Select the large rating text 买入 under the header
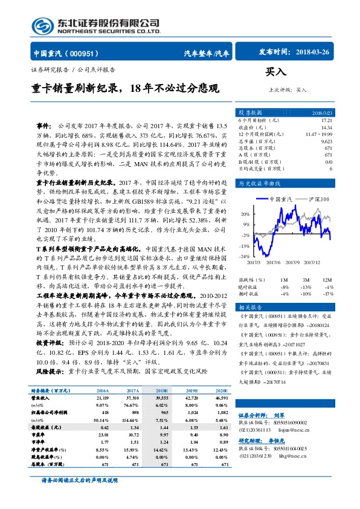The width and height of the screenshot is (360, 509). [276, 72]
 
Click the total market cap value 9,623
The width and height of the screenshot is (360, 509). [343, 141]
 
